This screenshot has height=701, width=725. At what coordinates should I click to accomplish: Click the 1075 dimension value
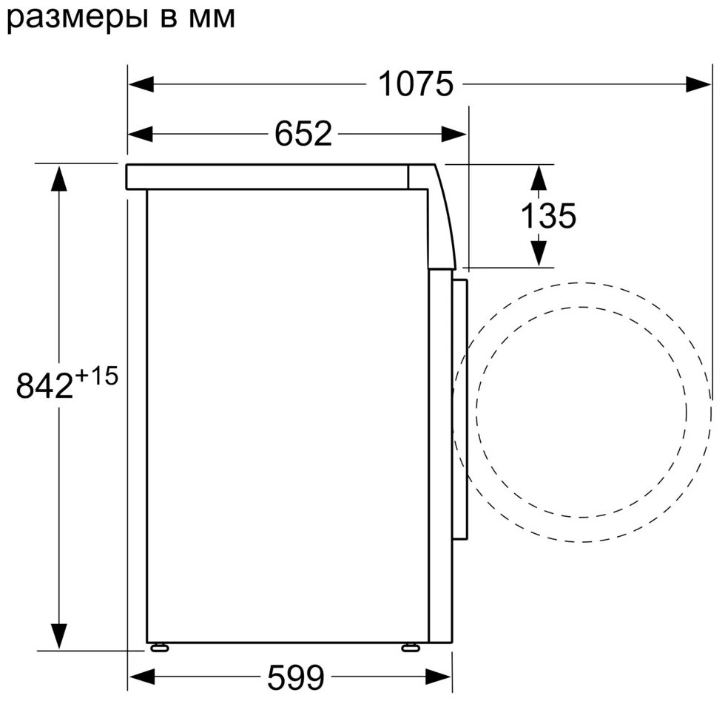coord(416,84)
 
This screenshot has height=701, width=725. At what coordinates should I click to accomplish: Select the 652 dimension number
coord(303,134)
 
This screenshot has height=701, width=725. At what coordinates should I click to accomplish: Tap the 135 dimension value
coord(548,216)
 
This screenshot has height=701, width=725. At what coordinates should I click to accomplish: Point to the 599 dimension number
coord(296,677)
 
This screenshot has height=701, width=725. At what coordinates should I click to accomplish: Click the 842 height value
coord(45,386)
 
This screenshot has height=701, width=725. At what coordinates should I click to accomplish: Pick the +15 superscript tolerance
coord(96,376)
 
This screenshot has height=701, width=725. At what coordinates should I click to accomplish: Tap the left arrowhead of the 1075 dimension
coord(141,84)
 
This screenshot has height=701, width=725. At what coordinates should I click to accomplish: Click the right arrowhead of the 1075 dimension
coord(698,84)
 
